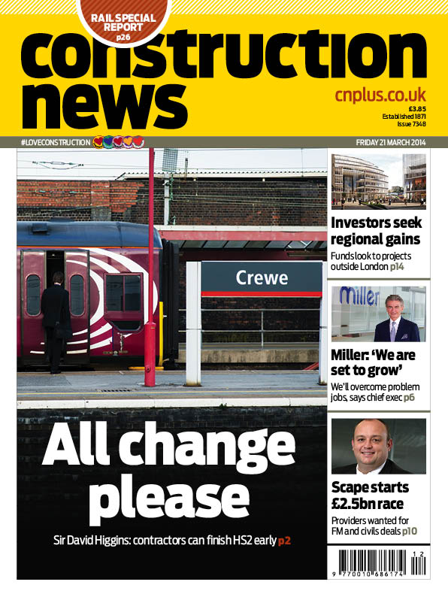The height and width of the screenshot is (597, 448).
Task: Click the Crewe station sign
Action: (262, 277)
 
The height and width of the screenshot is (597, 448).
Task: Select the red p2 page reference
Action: (286, 541)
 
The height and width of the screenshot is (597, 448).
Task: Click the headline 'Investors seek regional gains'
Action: (377, 232)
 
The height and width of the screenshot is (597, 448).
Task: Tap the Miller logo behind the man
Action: (360, 296)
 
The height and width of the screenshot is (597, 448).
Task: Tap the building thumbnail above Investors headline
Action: (378, 180)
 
